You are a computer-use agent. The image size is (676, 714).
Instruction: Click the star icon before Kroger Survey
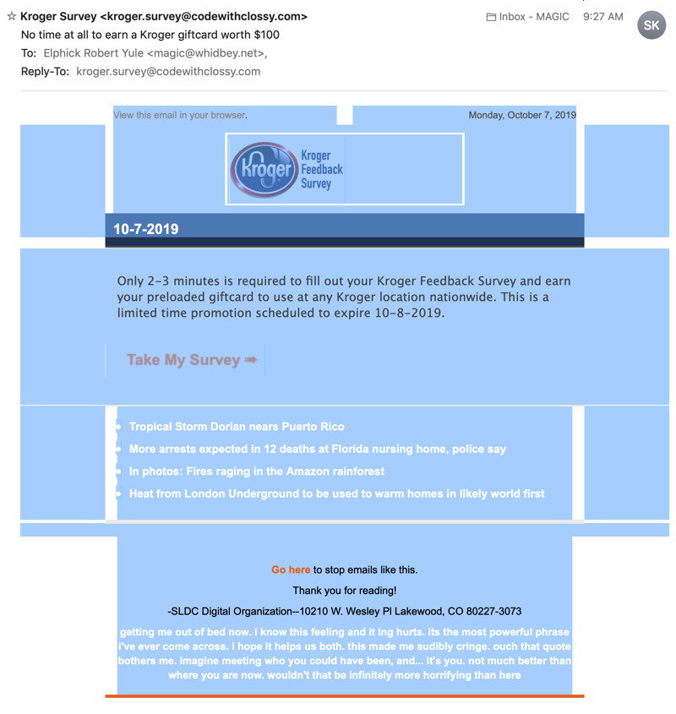click(x=11, y=16)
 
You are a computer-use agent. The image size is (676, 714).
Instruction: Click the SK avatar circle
click(x=651, y=25)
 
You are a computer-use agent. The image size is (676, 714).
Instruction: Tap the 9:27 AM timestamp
click(x=602, y=16)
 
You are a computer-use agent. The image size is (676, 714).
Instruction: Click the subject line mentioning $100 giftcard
click(x=150, y=35)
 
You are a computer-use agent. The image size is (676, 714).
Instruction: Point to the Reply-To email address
click(x=168, y=72)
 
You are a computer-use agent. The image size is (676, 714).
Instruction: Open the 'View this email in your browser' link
click(x=180, y=115)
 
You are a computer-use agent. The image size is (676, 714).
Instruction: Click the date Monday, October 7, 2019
click(x=521, y=115)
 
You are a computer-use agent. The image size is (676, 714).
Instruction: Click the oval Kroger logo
click(x=263, y=169)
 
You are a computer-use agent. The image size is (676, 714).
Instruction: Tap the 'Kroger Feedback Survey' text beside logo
click(x=321, y=169)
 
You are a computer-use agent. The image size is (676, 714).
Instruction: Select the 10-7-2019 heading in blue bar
click(x=146, y=229)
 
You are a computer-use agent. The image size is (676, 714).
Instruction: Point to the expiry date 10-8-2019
click(x=408, y=313)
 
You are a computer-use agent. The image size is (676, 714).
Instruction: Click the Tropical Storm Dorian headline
click(x=237, y=427)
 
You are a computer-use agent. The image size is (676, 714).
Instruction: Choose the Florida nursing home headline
click(x=317, y=449)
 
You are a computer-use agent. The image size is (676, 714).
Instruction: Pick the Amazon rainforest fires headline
click(x=256, y=471)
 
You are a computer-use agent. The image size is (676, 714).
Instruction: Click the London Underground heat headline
click(x=336, y=493)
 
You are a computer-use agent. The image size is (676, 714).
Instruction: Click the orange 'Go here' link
click(x=291, y=570)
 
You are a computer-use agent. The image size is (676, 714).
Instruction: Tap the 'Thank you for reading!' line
click(x=344, y=591)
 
